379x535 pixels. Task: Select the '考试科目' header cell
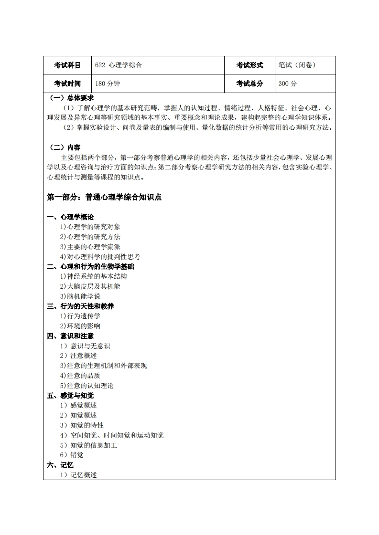tap(67, 65)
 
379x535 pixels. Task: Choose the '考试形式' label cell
tap(249, 65)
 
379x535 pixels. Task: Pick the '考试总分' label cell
tap(249, 84)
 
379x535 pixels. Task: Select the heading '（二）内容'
tap(65, 147)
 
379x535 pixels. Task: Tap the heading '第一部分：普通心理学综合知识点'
tap(104, 197)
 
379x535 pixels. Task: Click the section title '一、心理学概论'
tap(70, 217)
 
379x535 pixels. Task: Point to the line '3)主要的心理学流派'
tap(90, 247)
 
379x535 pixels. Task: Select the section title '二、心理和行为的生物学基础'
tap(90, 266)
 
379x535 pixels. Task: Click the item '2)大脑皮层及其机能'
tap(90, 286)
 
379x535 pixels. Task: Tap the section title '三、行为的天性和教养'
tap(80, 306)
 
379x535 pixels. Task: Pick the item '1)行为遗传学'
tap(80, 316)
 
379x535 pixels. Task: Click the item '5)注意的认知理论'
tap(87, 386)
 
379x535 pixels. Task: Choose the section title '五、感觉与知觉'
tap(70, 396)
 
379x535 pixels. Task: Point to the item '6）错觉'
tap(72, 455)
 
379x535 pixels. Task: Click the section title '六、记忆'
tap(60, 465)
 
